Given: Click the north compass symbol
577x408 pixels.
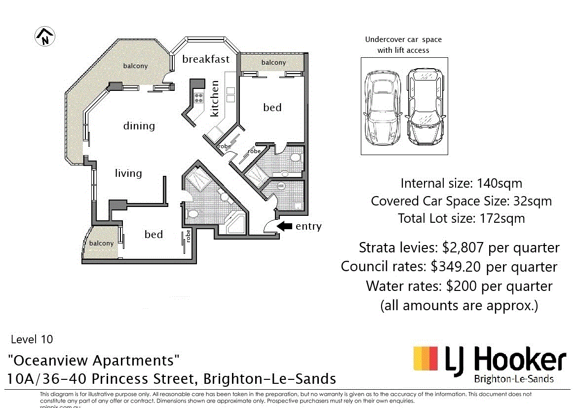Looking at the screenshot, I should [x=45, y=37].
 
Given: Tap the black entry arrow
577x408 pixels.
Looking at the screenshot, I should [x=284, y=226].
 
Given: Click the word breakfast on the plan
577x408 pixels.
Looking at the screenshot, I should [x=206, y=59].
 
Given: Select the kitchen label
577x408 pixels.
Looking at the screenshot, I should [x=214, y=99].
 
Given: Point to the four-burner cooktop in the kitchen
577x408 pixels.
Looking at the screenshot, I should [x=198, y=97].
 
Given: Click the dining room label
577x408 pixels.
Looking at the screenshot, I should [x=139, y=126].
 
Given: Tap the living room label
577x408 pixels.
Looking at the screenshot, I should [x=128, y=173].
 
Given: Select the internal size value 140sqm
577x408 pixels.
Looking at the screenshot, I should [x=500, y=184].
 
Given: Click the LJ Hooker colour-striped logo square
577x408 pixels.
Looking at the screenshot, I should [x=425, y=359].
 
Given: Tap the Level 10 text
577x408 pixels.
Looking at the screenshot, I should [x=32, y=339].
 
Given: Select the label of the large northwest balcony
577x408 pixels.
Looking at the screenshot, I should [x=135, y=66].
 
